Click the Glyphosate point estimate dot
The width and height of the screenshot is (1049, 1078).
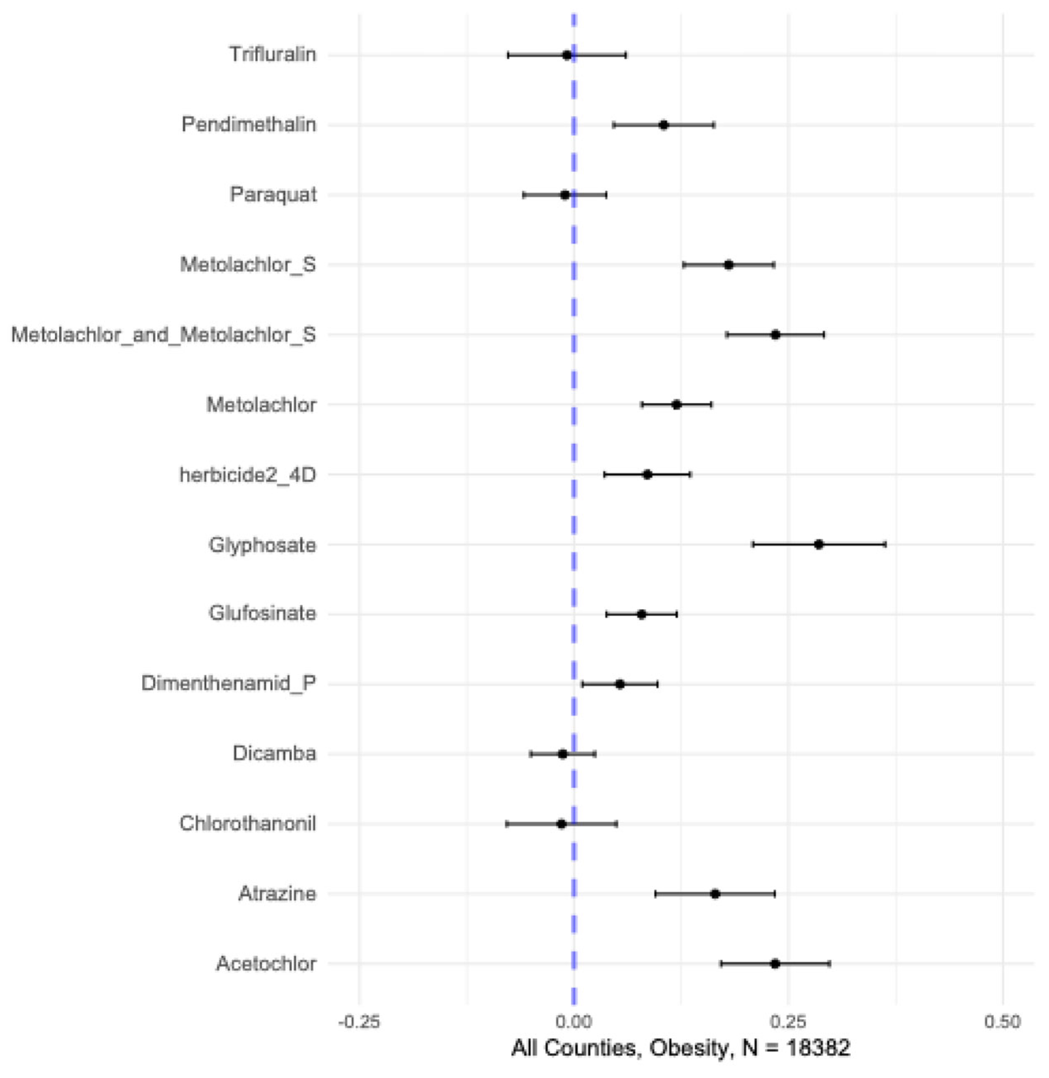(819, 545)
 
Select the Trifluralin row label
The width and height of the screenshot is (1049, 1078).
(272, 54)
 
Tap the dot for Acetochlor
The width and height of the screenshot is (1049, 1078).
(775, 964)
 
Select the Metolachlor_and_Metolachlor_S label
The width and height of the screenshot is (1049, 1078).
(164, 335)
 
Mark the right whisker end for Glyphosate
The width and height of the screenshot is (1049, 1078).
(885, 545)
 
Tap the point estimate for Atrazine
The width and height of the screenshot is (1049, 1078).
(715, 894)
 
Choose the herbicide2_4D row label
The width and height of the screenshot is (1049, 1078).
(248, 474)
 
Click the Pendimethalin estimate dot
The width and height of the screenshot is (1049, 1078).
(664, 125)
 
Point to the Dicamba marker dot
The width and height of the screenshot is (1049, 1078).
(562, 754)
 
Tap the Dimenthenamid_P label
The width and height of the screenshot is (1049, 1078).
(229, 683)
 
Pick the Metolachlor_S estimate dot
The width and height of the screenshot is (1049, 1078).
(728, 264)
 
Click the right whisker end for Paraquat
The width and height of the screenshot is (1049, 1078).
(606, 195)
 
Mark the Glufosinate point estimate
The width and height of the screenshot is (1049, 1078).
(641, 614)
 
